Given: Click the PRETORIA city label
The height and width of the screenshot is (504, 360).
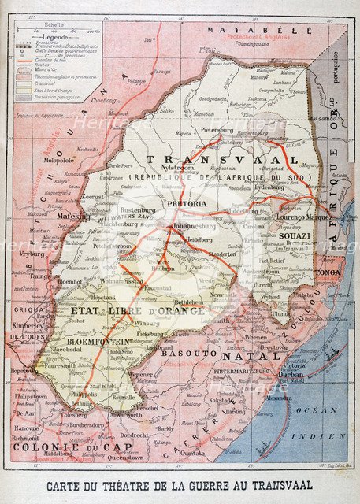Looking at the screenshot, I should [186, 202].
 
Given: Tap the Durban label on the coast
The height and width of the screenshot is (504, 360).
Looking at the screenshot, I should [291, 375].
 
